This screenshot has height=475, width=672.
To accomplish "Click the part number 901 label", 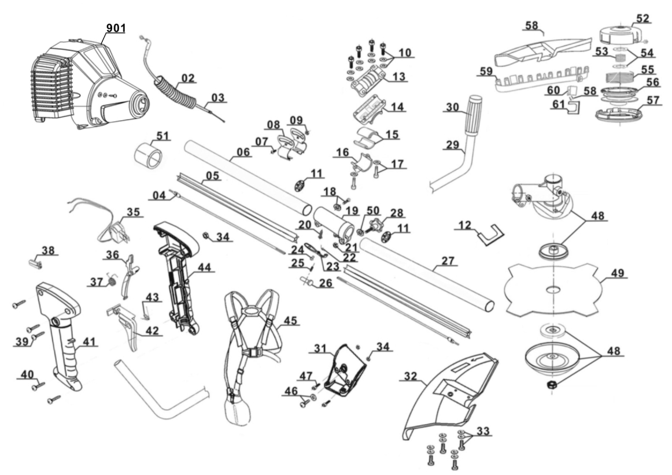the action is [116, 28].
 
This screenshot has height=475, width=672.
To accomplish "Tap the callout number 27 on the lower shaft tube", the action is [448, 261].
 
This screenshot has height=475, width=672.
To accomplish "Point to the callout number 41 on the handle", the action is [89, 342].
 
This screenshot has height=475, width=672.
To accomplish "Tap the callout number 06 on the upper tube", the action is [243, 151].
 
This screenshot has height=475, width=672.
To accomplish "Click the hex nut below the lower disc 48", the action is [552, 384].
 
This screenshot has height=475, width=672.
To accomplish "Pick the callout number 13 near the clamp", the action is [399, 77].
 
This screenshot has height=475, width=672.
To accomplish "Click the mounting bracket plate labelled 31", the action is [345, 370].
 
